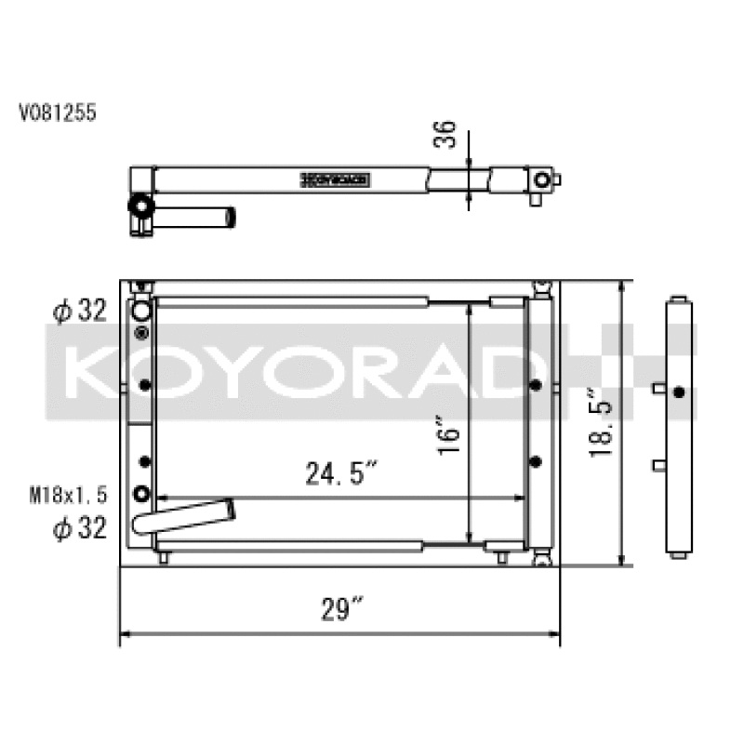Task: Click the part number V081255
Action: click(58, 113)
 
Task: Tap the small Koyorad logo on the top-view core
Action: click(336, 179)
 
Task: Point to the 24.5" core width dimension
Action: click(340, 474)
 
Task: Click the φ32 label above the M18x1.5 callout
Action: click(79, 312)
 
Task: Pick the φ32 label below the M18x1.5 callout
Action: click(79, 528)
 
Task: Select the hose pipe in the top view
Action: click(195, 217)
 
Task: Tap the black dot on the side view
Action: click(679, 392)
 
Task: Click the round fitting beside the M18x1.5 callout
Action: click(141, 494)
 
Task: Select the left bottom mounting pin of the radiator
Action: click(164, 557)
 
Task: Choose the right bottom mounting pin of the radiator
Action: click(502, 557)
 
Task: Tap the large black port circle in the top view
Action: click(139, 206)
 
